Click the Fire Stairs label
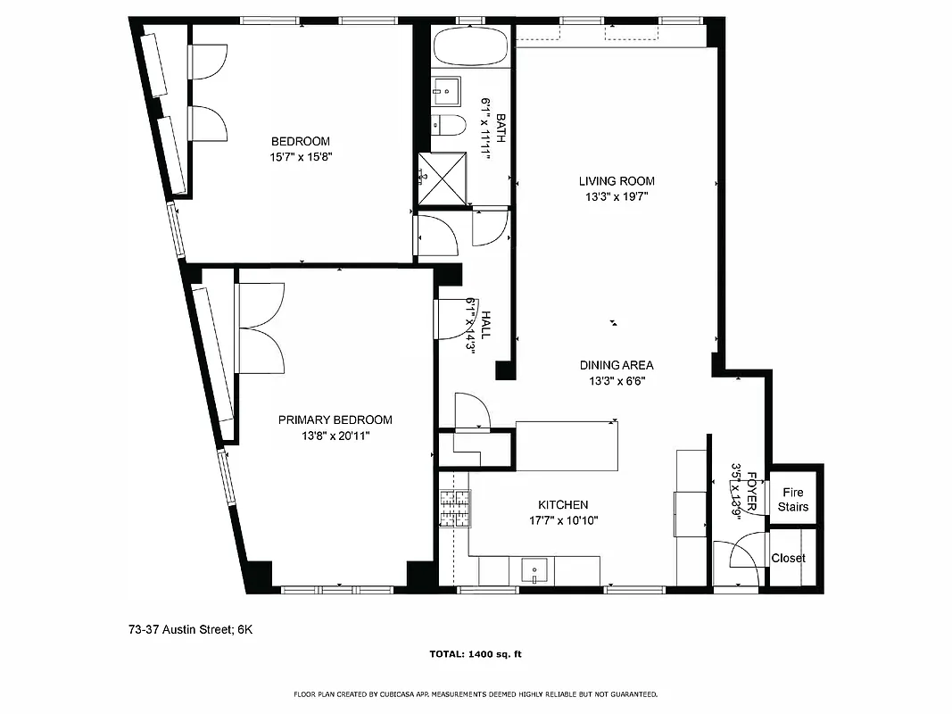[792, 500]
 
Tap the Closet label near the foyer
[788, 558]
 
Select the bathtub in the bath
[470, 46]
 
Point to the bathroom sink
[446, 89]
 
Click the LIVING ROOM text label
[616, 181]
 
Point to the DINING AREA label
[616, 365]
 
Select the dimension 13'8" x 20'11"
[335, 436]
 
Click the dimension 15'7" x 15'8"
[301, 156]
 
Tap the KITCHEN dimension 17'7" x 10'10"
[562, 520]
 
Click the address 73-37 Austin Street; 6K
[191, 629]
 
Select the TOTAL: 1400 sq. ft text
[476, 654]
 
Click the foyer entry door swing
[744, 552]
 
